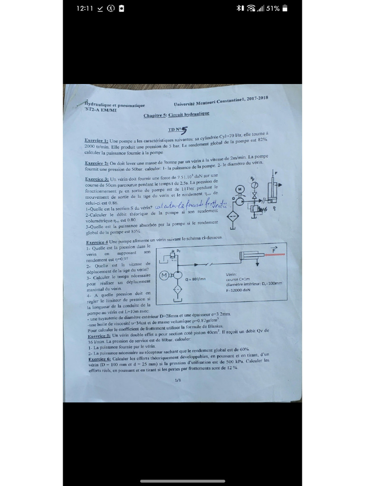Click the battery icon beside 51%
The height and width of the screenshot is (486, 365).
(285, 9)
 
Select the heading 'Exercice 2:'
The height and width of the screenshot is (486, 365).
(96, 163)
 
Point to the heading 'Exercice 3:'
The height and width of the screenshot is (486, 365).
(97, 179)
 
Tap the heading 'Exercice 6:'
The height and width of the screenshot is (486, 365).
(100, 359)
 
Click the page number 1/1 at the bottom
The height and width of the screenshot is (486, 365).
(178, 380)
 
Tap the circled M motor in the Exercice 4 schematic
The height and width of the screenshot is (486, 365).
(164, 275)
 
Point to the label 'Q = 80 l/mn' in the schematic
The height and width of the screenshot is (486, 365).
(195, 279)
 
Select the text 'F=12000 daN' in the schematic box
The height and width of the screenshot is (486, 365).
(238, 290)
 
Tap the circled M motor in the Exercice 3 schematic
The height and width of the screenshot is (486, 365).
(240, 188)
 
